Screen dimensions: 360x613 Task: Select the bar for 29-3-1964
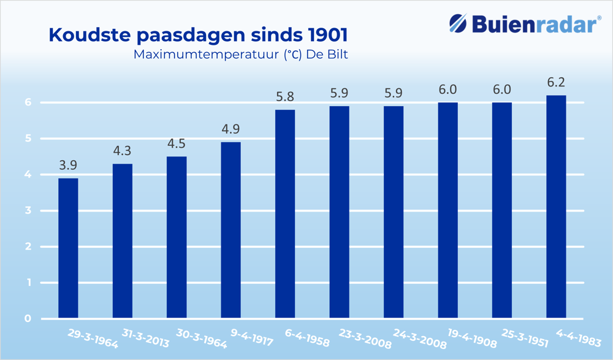[68, 248]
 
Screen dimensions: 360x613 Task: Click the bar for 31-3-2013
[122, 241]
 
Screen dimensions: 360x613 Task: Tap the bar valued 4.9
[230, 230]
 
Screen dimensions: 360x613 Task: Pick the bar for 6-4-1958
[285, 214]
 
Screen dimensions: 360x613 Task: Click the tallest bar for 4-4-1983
[556, 207]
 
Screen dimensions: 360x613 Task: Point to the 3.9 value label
[68, 165]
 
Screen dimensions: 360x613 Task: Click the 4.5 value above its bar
[177, 144]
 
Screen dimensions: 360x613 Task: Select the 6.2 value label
[556, 82]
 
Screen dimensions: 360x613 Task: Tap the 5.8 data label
[285, 96]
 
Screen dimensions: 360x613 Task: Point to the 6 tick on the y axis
[28, 102]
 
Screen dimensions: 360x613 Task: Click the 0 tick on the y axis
[28, 319]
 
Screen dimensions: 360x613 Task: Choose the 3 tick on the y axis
[28, 211]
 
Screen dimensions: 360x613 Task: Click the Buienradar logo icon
[458, 25]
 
